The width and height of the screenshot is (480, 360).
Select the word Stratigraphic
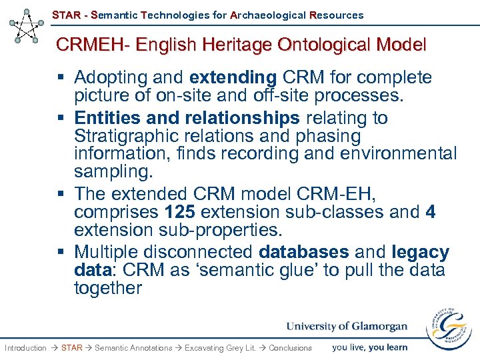127,136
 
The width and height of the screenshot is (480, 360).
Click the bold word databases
304,253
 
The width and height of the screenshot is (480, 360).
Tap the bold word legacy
420,253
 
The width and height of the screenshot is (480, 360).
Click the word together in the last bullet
108,288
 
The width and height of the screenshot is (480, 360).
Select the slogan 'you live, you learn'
369,347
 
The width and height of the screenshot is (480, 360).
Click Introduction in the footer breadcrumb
25,347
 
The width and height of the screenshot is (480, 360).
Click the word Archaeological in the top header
267,15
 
